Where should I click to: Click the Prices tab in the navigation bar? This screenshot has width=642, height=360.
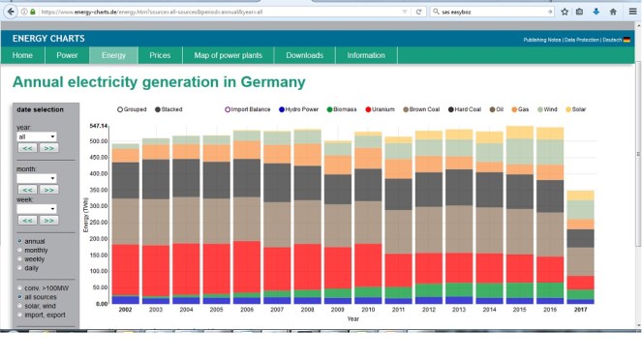point(160,55)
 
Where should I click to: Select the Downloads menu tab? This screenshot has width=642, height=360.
point(304,55)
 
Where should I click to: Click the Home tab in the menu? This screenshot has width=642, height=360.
point(22,55)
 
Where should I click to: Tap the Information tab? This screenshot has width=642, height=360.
point(366,55)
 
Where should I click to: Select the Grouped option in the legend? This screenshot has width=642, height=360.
point(134,109)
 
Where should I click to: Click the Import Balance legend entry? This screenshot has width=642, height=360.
point(250,109)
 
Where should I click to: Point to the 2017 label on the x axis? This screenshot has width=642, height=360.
point(580,310)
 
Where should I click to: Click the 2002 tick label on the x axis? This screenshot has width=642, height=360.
point(125,310)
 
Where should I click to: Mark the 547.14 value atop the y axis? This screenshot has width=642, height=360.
point(98,126)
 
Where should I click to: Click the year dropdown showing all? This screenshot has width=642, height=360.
point(37,136)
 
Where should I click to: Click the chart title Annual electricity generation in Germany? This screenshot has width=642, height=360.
point(158,82)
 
